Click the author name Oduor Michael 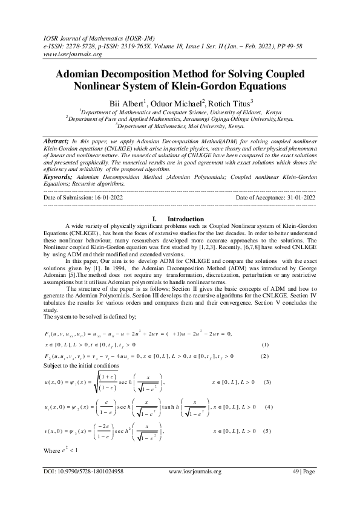[x=178, y=103]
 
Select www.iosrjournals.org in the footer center [x=195, y=488]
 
